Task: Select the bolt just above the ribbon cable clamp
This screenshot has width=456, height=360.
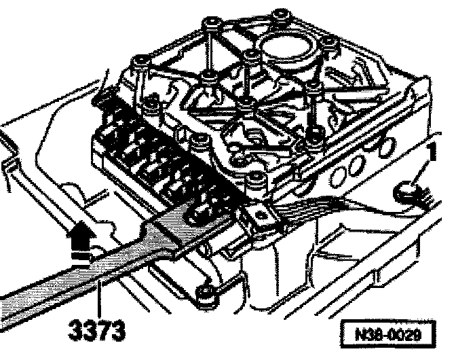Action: [256, 178]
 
